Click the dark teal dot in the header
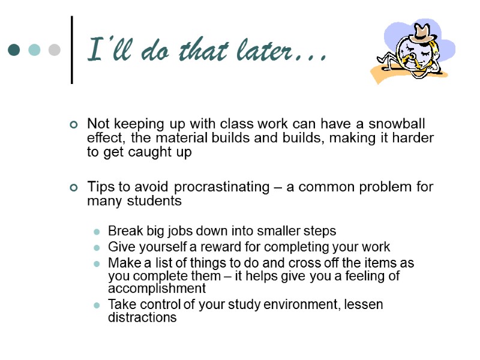coord(14,50)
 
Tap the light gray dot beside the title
coord(54,50)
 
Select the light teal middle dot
coord(34,50)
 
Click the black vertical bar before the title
coord(73,50)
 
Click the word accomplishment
coord(157,288)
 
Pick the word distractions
coord(142,317)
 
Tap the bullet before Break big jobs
coord(96,231)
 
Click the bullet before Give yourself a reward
coord(96,247)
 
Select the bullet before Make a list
coord(96,263)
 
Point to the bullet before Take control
coord(96,305)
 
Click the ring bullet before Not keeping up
coord(74,125)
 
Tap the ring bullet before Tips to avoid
coord(74,187)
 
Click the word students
coord(158,201)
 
